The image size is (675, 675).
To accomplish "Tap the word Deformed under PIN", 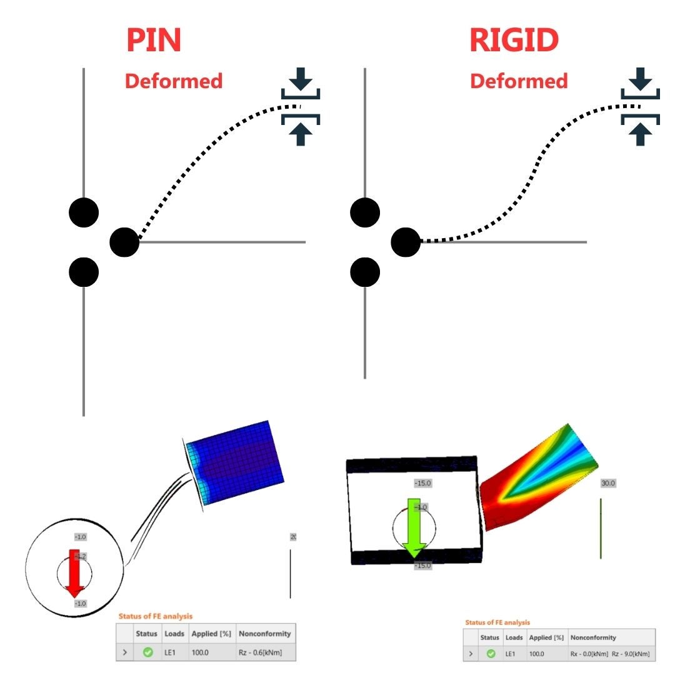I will click(x=174, y=81).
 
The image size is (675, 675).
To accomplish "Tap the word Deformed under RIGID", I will click(x=519, y=81).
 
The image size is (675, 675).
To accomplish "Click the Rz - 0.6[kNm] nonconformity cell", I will click(x=264, y=652).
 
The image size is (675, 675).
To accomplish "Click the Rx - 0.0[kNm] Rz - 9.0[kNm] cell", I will click(x=609, y=654).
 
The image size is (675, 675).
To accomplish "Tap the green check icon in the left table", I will click(x=147, y=652).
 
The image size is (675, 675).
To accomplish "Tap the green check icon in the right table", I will click(x=491, y=654).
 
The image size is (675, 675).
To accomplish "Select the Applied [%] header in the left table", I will click(x=212, y=633).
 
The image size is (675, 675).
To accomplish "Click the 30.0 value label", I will click(x=608, y=483).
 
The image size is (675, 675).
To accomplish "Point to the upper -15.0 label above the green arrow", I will click(x=423, y=483).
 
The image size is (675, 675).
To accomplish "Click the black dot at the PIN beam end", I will click(x=124, y=242).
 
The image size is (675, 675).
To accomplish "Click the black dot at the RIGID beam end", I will click(x=406, y=242).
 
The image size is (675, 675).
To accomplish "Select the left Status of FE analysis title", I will click(x=156, y=617).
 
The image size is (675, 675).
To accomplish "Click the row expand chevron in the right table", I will click(x=470, y=654).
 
